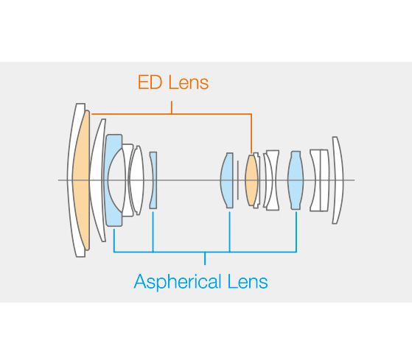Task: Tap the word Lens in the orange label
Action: coord(189,82)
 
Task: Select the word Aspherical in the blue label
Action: coord(178,282)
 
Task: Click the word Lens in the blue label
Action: coord(248,281)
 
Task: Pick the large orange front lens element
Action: coord(80,180)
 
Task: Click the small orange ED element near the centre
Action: coord(251,180)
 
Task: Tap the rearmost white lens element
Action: coord(338,180)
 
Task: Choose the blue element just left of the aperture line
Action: coord(227,180)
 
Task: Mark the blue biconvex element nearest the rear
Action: coord(296,180)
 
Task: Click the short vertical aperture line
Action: coord(238,180)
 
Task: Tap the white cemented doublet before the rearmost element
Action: coord(319,180)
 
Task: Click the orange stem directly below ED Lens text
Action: coord(172,107)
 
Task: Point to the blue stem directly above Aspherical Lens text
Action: coord(205,258)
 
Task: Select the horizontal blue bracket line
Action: coord(205,253)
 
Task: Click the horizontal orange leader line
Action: coord(172,114)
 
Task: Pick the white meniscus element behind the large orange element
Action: coord(97,180)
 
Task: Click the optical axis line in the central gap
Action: coord(189,180)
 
